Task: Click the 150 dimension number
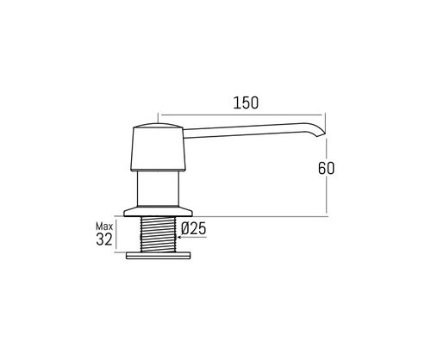coord(246,103)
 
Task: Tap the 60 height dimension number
coord(326,168)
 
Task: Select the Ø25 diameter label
coord(194,229)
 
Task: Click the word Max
coord(104,227)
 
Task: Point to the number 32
coord(104,239)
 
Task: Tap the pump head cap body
coord(158,149)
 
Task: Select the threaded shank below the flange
coord(158,234)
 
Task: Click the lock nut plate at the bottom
coord(159,256)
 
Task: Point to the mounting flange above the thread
coord(158,211)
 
